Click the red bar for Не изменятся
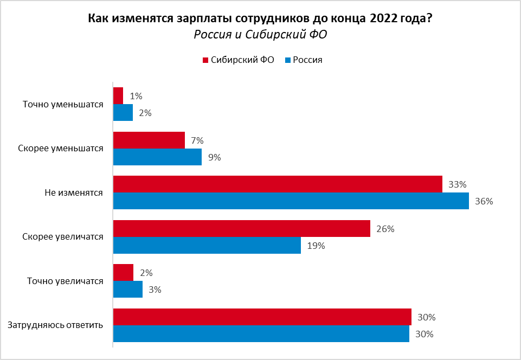pyautogui.click(x=278, y=184)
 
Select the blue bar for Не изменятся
pyautogui.click(x=291, y=201)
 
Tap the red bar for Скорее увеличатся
pyautogui.click(x=242, y=229)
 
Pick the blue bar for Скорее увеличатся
pyautogui.click(x=207, y=246)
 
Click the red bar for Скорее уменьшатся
pyautogui.click(x=149, y=140)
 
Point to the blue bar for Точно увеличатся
pyautogui.click(x=128, y=290)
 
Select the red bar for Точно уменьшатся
pyautogui.click(x=118, y=96)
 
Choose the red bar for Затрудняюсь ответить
pyautogui.click(x=262, y=317)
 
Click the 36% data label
pyautogui.click(x=484, y=202)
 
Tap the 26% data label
pyautogui.click(x=385, y=229)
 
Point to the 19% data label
pyautogui.click(x=316, y=246)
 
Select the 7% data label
pyautogui.click(x=196, y=140)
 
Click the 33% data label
pyautogui.click(x=458, y=184)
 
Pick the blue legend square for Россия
pyautogui.click(x=288, y=60)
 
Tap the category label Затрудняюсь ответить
pyautogui.click(x=55, y=325)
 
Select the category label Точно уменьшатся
pyautogui.click(x=63, y=105)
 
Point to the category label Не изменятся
pyautogui.click(x=74, y=193)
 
